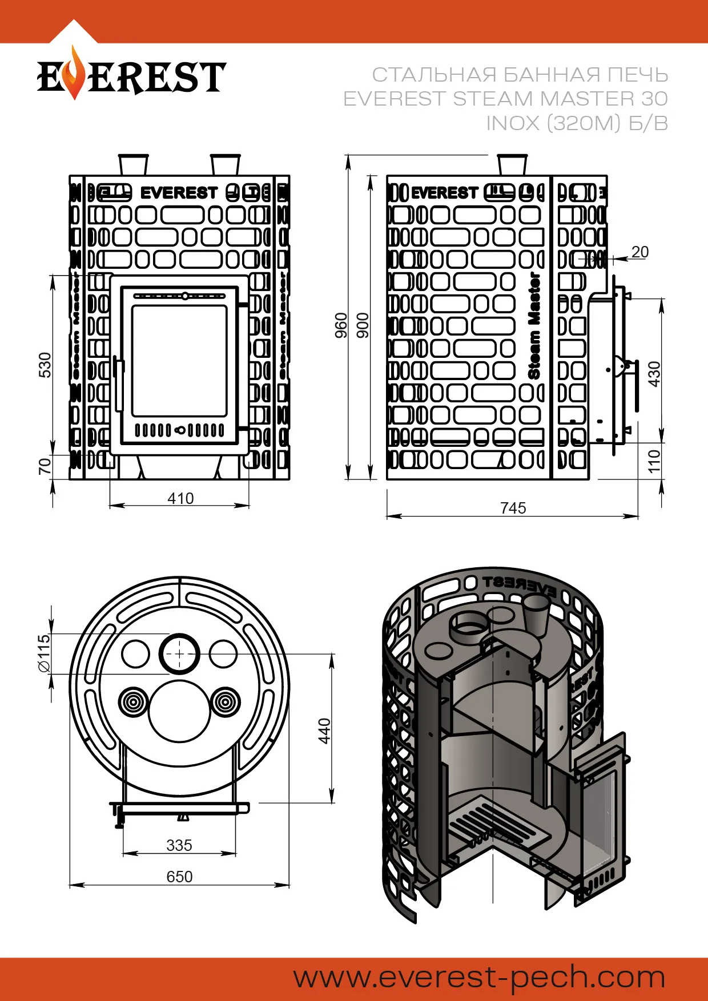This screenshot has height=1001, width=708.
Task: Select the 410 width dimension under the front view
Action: point(180,498)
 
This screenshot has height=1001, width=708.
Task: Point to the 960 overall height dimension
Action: point(341,325)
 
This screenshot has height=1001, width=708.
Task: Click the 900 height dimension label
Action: point(363,325)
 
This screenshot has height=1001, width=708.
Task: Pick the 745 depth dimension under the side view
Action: point(512,508)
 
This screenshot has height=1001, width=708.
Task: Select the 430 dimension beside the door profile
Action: point(654,374)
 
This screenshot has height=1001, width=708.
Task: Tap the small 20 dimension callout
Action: point(640,252)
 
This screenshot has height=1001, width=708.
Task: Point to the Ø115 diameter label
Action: point(45,653)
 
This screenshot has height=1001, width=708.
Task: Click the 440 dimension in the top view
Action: point(324,731)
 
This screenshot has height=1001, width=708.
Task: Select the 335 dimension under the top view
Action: point(179,845)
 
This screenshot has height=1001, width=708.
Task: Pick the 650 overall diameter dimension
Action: point(179,877)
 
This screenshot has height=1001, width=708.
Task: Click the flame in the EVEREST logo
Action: point(73,74)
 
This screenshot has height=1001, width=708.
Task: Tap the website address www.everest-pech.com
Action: point(479,977)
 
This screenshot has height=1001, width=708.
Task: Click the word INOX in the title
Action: point(512,123)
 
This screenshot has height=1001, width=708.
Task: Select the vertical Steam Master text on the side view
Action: point(534,325)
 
